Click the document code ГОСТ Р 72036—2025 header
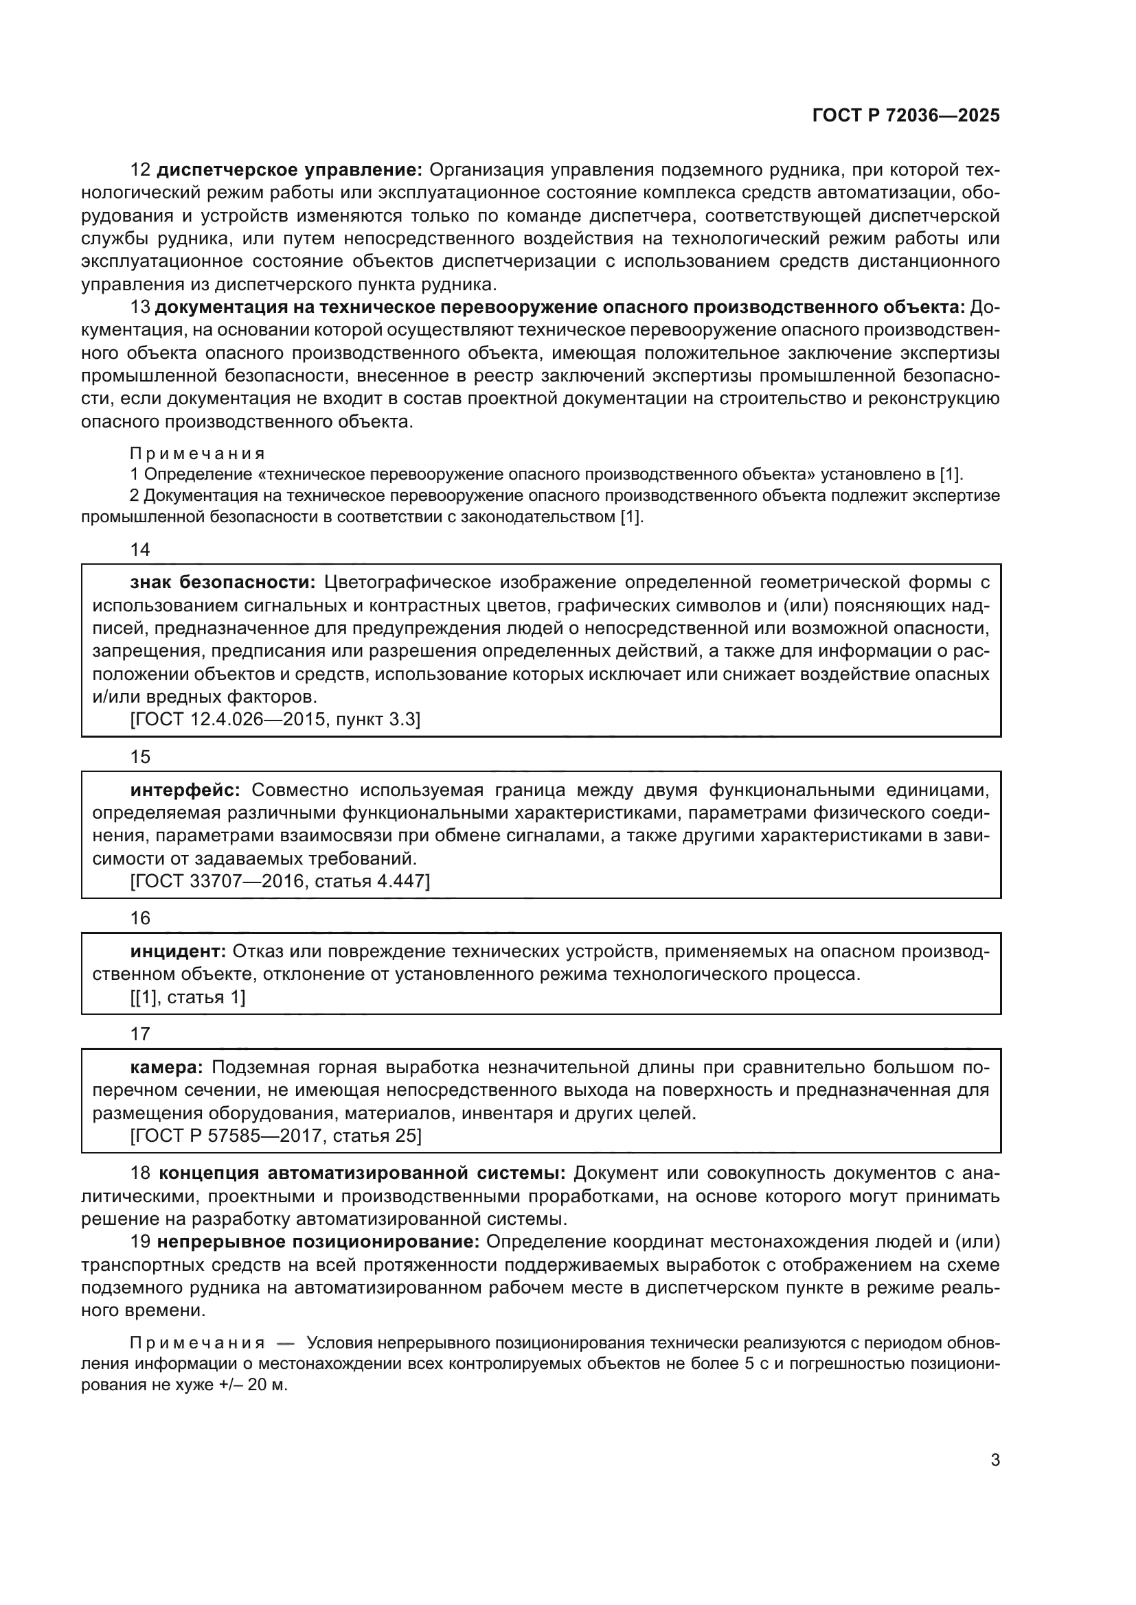pos(906,116)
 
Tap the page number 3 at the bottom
pos(995,1460)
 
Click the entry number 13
pos(140,307)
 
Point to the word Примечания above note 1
pos(197,454)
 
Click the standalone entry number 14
pos(140,550)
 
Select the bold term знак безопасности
pos(223,583)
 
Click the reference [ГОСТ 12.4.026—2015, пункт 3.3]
pos(275,719)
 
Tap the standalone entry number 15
pos(140,757)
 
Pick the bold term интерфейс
pos(185,790)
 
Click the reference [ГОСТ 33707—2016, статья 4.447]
pos(280,881)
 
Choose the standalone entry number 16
pos(140,918)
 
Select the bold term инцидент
pos(178,951)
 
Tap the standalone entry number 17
pos(140,1034)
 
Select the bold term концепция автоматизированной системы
pos(362,1173)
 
